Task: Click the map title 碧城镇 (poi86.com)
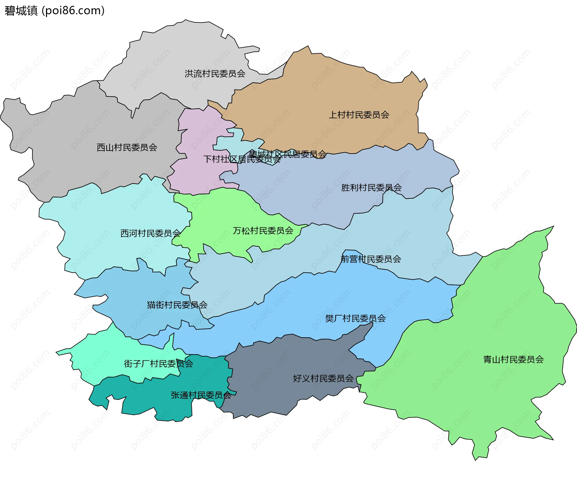pyautogui.click(x=54, y=11)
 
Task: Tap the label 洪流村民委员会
pyautogui.click(x=215, y=74)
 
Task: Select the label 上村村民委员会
pyautogui.click(x=359, y=115)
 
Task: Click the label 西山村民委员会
pyautogui.click(x=127, y=147)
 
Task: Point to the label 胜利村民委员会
pyautogui.click(x=371, y=188)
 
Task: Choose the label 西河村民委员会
pyautogui.click(x=150, y=233)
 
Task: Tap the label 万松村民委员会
pyautogui.click(x=263, y=231)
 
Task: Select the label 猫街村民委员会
pyautogui.click(x=177, y=305)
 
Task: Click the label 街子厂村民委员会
pyautogui.click(x=158, y=364)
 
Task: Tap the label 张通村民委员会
pyautogui.click(x=201, y=395)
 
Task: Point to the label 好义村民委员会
pyautogui.click(x=323, y=378)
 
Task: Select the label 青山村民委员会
pyautogui.click(x=513, y=359)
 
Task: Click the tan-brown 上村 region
pyautogui.click(x=331, y=90)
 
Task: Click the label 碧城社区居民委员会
pyautogui.click(x=288, y=154)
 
